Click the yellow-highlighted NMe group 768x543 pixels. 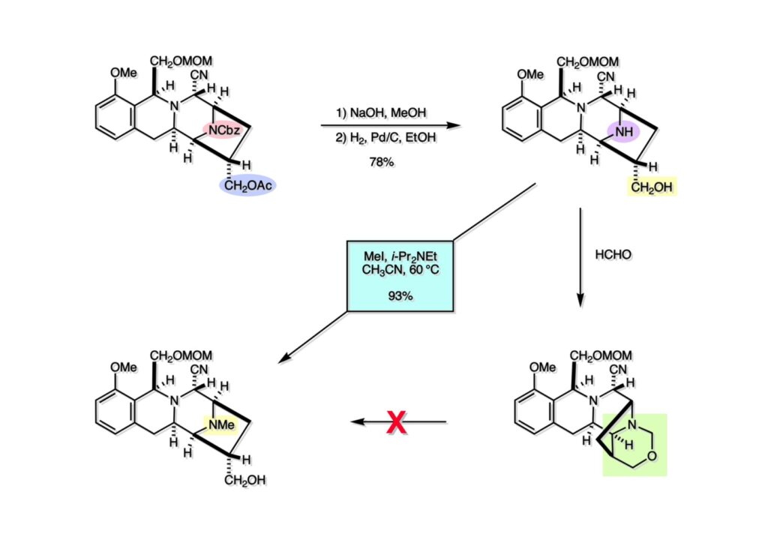tap(224, 424)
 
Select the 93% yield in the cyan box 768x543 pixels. tap(400, 295)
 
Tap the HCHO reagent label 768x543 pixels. tap(613, 254)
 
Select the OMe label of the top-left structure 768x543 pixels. tap(124, 73)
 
